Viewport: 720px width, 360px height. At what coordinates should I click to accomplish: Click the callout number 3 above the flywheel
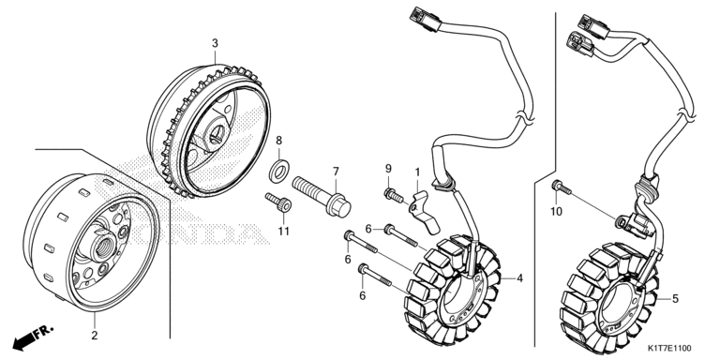pos(215,43)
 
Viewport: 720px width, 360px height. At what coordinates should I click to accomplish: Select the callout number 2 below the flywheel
pos(94,336)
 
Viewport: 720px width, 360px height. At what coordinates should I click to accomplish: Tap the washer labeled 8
pos(278,170)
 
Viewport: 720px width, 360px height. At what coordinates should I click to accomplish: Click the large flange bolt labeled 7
pos(321,197)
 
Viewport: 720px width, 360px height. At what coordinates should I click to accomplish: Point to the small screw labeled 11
pos(278,202)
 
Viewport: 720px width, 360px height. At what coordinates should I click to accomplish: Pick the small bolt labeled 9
pos(394,195)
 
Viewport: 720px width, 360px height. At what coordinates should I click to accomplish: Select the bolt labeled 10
pos(562,187)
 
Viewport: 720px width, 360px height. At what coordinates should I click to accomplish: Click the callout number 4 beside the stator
pos(519,278)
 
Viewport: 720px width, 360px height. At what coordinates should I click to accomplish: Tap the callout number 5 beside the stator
pos(675,299)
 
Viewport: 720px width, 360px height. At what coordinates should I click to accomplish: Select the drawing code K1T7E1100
pos(669,349)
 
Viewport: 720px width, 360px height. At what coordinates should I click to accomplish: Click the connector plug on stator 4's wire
pos(425,20)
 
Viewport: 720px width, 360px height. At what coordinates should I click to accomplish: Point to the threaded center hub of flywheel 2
pos(103,247)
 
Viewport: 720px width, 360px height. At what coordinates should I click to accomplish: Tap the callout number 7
pos(336,172)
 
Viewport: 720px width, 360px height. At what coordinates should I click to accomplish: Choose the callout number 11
pos(284,232)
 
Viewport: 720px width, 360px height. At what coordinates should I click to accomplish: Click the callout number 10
pos(556,212)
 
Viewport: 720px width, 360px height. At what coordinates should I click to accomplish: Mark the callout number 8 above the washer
pos(278,140)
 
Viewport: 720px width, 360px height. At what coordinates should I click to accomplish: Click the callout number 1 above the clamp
pos(417,172)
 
